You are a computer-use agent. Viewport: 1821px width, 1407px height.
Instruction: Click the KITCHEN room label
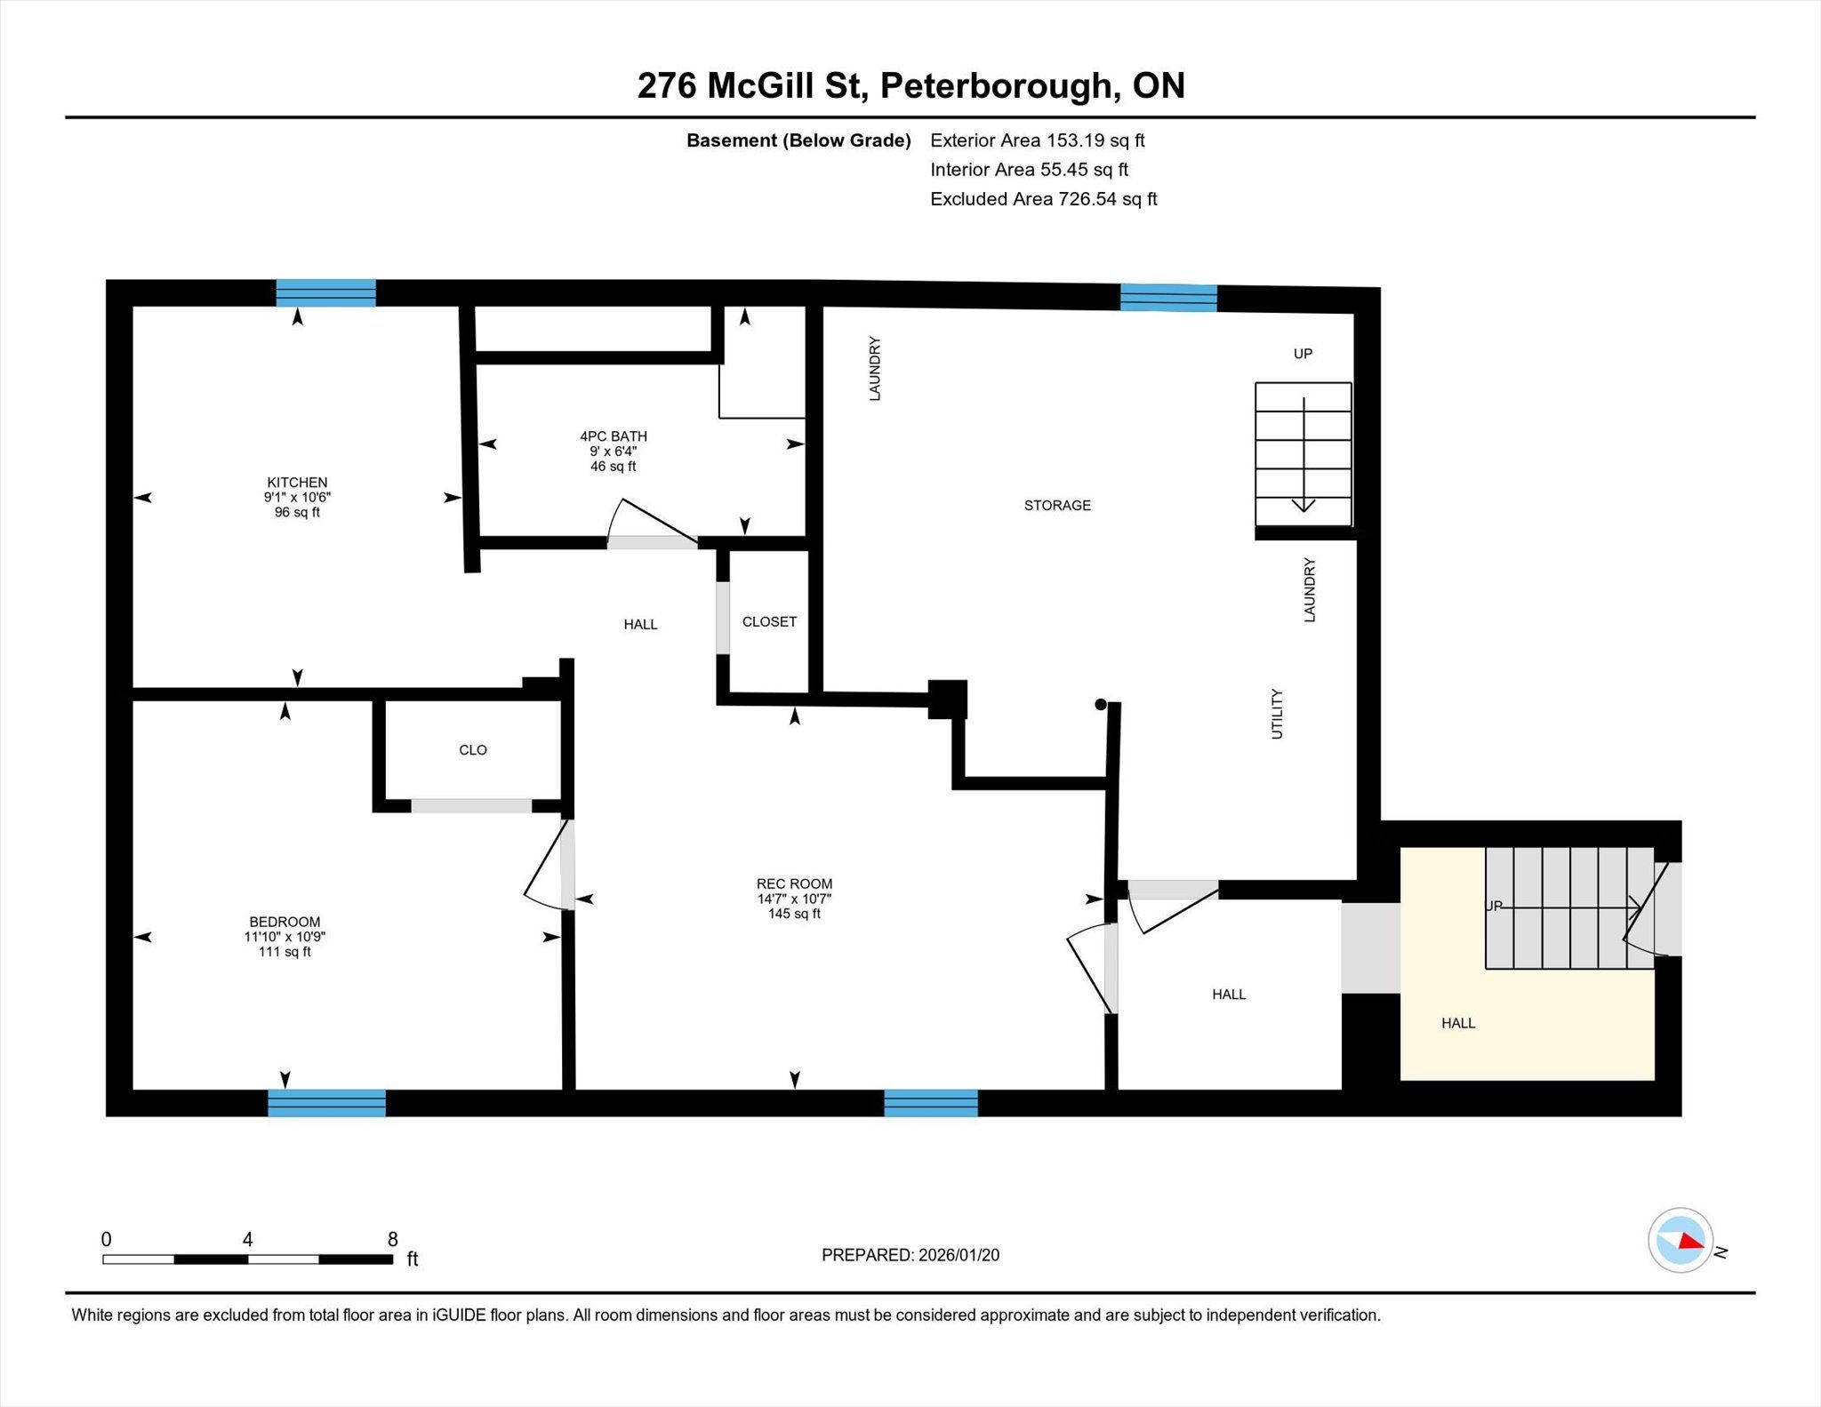pyautogui.click(x=297, y=483)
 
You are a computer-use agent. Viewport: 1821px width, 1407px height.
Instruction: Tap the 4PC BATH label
pyautogui.click(x=614, y=436)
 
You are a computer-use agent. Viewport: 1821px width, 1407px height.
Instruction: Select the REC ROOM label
pyautogui.click(x=794, y=884)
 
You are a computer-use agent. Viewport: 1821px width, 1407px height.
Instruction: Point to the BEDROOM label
pyautogui.click(x=285, y=923)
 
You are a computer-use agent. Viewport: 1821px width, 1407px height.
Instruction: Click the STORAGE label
pyautogui.click(x=1057, y=506)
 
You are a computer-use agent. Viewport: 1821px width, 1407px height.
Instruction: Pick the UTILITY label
pyautogui.click(x=1277, y=714)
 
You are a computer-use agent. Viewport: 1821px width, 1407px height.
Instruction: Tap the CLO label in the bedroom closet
pyautogui.click(x=473, y=750)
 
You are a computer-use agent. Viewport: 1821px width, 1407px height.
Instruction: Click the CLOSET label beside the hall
pyautogui.click(x=769, y=622)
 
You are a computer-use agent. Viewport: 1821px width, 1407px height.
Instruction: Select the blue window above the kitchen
pyautogui.click(x=325, y=292)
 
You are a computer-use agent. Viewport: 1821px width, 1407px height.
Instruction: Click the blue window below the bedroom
pyautogui.click(x=327, y=1103)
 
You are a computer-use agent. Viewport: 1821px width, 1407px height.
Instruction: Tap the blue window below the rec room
pyautogui.click(x=931, y=1103)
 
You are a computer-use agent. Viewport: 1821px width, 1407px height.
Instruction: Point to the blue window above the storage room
pyautogui.click(x=1168, y=298)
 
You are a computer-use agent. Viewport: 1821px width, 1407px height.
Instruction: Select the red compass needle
pyautogui.click(x=1692, y=1241)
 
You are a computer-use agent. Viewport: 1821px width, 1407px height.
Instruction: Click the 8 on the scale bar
pyautogui.click(x=392, y=1239)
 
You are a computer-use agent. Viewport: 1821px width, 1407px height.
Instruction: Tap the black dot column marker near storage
pyautogui.click(x=1101, y=705)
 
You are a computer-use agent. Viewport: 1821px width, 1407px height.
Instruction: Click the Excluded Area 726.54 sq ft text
pyautogui.click(x=1044, y=199)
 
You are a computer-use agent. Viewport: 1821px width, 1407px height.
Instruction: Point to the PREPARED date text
pyautogui.click(x=910, y=1255)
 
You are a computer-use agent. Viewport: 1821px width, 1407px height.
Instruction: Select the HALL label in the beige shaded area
pyautogui.click(x=1458, y=1024)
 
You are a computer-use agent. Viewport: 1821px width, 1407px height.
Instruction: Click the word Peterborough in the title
pyautogui.click(x=996, y=86)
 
